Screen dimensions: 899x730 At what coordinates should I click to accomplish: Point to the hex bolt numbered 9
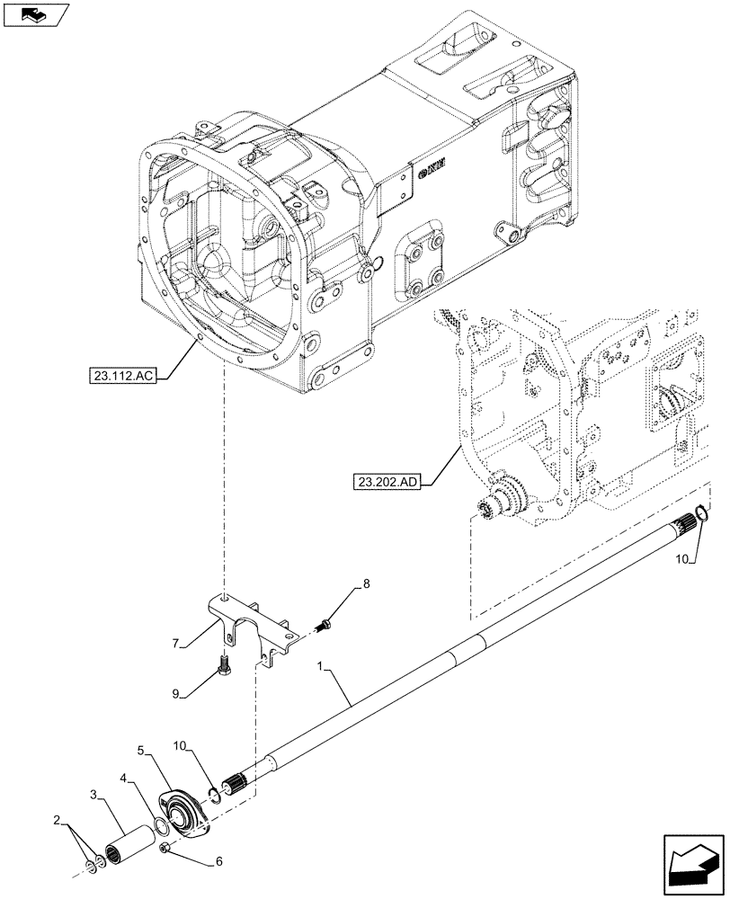coord(225,670)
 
